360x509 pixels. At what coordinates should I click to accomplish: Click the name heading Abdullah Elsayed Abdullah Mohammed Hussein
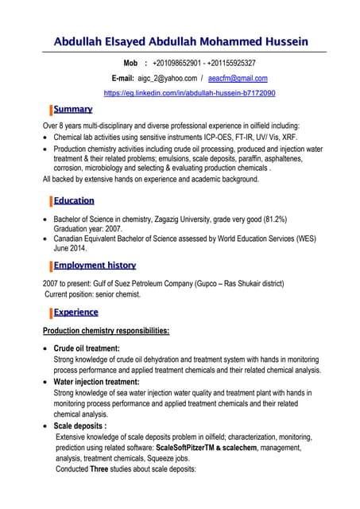[180, 41]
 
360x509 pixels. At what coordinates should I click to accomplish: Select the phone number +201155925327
[233, 63]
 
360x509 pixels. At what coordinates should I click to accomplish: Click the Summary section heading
[72, 109]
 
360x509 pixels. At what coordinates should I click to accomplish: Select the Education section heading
[74, 200]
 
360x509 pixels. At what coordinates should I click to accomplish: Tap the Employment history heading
[95, 265]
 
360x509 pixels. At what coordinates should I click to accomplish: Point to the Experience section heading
[75, 313]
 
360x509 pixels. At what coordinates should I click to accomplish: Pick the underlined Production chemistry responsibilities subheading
[106, 331]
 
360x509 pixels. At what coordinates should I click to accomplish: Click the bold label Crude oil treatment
[86, 348]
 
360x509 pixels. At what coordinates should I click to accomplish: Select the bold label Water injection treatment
[96, 382]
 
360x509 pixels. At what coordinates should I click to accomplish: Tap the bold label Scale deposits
[79, 425]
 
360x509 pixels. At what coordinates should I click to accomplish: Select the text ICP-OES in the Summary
[241, 137]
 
